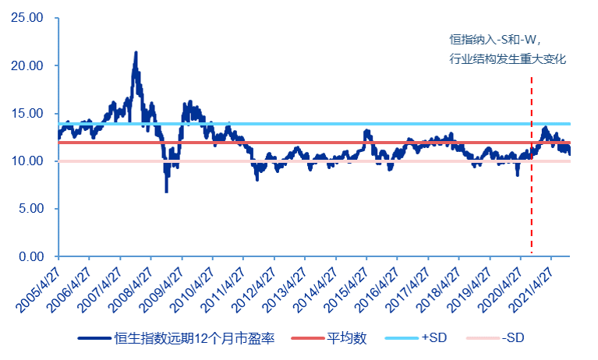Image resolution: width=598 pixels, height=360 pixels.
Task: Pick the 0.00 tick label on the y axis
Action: click(x=33, y=256)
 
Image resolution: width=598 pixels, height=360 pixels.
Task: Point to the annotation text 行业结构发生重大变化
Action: click(x=507, y=58)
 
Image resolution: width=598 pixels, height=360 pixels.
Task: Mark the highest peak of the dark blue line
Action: click(x=136, y=53)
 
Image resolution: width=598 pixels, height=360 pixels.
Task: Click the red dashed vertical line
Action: click(x=532, y=195)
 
